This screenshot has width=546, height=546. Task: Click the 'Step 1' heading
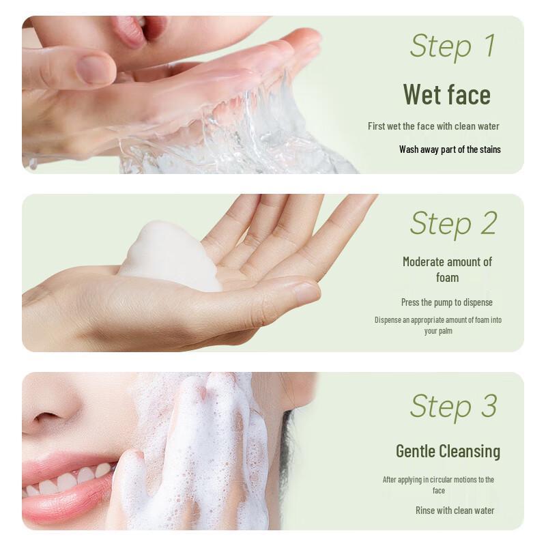[452, 46]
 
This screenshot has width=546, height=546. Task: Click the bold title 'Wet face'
[446, 94]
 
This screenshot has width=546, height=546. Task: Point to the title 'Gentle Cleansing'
[448, 451]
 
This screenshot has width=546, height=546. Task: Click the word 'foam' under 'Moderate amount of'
[447, 278]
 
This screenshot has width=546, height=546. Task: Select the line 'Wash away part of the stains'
[450, 149]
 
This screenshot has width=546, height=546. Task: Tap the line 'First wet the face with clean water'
[433, 126]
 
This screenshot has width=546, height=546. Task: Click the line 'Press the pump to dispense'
[446, 302]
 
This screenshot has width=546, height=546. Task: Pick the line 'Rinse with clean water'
[455, 511]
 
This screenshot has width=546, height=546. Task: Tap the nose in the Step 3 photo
[51, 416]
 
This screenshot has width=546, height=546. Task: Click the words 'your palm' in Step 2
[438, 331]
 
